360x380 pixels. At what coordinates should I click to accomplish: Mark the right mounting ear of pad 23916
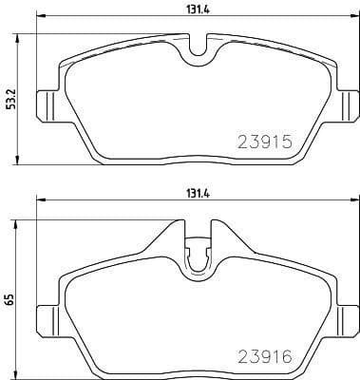(x=348, y=314)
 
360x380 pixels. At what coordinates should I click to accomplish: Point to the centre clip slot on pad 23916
(x=198, y=256)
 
